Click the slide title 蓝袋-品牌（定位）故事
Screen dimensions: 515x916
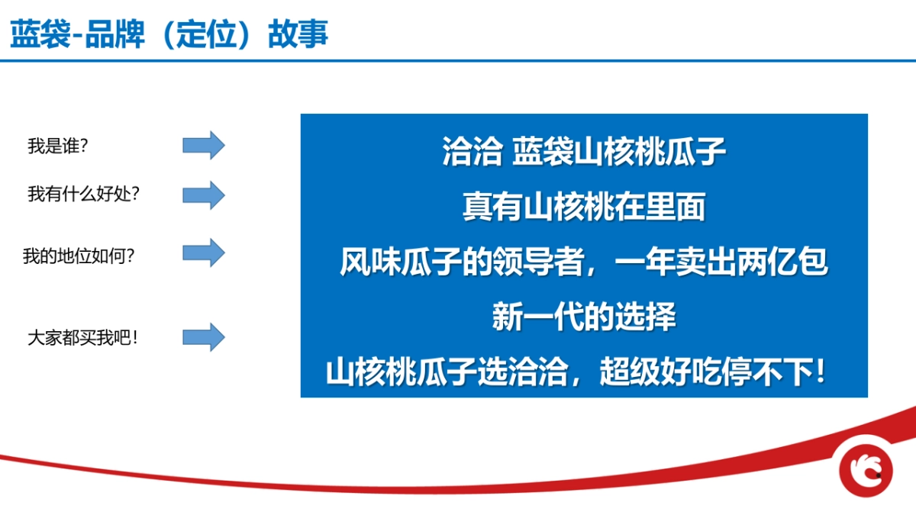169,34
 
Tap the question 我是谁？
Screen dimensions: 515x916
57,146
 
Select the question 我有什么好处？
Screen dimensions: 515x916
84,195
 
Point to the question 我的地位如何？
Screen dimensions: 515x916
79,256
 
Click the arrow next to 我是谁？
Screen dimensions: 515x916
203,144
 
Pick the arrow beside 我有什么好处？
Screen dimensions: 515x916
203,195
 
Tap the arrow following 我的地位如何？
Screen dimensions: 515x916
203,252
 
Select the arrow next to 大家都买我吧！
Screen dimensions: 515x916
203,336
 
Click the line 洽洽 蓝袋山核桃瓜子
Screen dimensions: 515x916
584,151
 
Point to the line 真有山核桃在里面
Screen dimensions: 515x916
584,208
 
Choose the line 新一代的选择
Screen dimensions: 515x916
584,317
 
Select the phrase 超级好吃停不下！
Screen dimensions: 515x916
713,374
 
